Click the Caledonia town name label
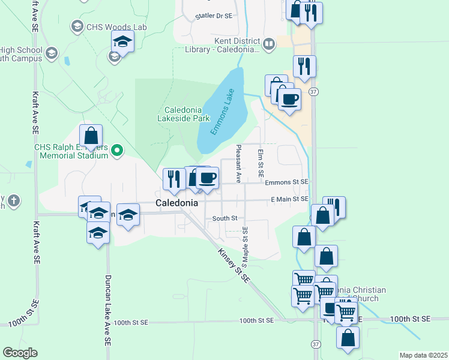[x=176, y=203]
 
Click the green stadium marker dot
[x=118, y=151]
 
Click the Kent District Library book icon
[x=269, y=43]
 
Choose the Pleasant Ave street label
[x=238, y=163]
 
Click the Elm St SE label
[x=261, y=163]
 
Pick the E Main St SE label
[x=289, y=199]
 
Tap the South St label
[x=225, y=218]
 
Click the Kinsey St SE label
[x=233, y=265]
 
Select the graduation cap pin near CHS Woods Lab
[x=122, y=42]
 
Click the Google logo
[x=20, y=352]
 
